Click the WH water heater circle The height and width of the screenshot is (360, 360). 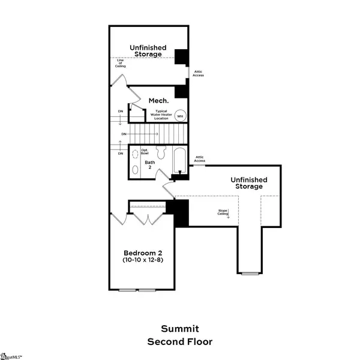[179, 116]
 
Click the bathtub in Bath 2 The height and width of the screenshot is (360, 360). [178, 161]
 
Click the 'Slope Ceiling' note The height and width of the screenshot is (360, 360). [224, 212]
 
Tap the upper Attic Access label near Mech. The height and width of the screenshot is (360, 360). [198, 73]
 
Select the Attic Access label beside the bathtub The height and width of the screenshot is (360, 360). [200, 159]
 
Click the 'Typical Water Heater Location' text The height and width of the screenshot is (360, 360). [161, 115]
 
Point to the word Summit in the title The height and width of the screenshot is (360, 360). [179, 328]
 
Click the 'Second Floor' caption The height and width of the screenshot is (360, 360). [179, 341]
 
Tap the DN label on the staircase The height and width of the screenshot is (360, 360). [124, 133]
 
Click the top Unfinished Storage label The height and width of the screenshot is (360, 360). [147, 50]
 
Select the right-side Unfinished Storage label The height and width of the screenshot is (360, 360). [248, 182]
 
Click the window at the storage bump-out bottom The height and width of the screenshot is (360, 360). [247, 274]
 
